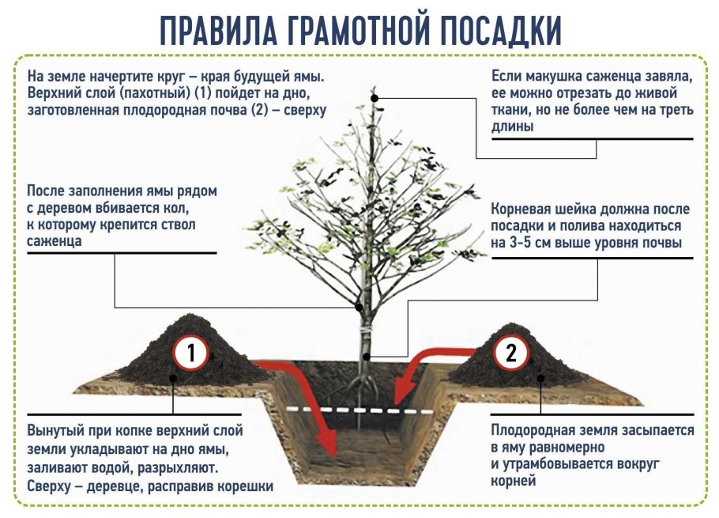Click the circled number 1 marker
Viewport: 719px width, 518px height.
pyautogui.click(x=190, y=354)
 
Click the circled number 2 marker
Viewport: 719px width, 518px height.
pyautogui.click(x=511, y=353)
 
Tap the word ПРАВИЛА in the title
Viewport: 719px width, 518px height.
pyautogui.click(x=219, y=31)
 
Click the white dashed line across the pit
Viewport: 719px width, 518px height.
pyautogui.click(x=359, y=410)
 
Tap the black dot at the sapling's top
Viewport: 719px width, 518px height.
pyautogui.click(x=375, y=98)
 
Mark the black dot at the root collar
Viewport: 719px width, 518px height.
pyautogui.click(x=367, y=357)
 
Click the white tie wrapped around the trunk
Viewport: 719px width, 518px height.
pyautogui.click(x=366, y=329)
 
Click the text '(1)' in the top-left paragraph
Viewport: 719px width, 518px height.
pyautogui.click(x=203, y=93)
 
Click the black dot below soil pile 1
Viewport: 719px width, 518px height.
pyautogui.click(x=173, y=378)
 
